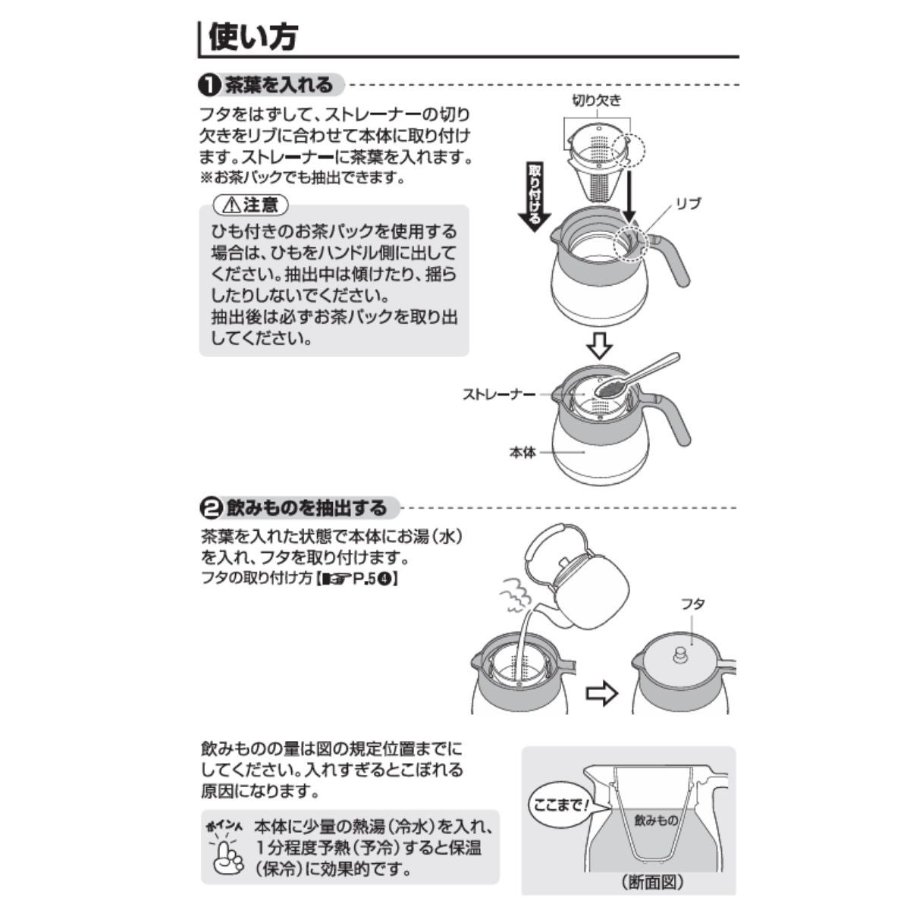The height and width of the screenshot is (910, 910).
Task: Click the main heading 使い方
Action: [x=253, y=37]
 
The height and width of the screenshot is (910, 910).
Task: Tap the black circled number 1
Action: [x=209, y=86]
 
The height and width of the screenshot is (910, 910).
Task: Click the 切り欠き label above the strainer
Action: [x=597, y=101]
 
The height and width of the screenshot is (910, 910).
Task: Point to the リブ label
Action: [x=689, y=203]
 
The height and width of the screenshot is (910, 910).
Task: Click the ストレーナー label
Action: [x=499, y=394]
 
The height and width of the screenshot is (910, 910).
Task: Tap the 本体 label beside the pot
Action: [x=522, y=453]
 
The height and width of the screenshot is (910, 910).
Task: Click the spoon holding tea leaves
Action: [x=636, y=375]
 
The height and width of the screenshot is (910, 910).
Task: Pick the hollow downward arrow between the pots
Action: [x=599, y=346]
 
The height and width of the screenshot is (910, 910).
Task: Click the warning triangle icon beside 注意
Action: [x=231, y=205]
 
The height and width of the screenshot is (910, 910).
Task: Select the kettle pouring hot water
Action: [x=577, y=577]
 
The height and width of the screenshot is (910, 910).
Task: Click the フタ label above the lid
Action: [x=692, y=604]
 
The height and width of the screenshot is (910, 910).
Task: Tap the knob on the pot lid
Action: [x=679, y=656]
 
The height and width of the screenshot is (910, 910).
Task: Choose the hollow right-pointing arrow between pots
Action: [x=601, y=693]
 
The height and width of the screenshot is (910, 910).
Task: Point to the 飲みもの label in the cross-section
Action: [x=656, y=821]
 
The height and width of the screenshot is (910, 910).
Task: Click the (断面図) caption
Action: [x=652, y=880]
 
